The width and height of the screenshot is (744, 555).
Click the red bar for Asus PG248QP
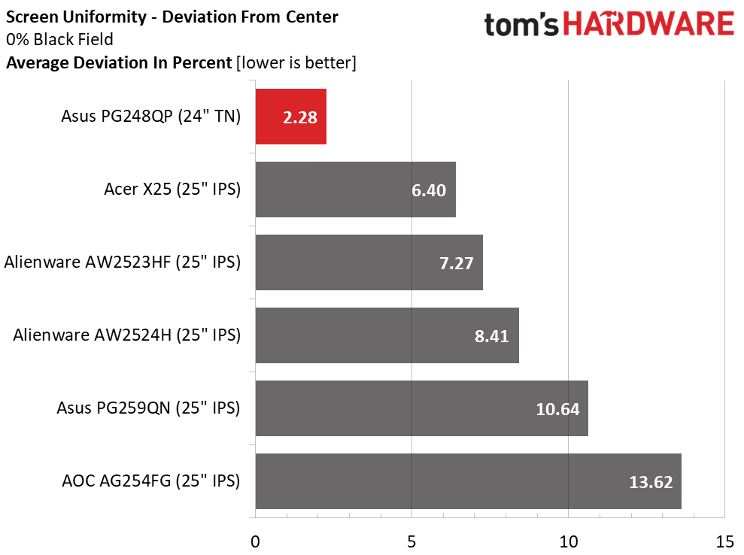click(290, 117)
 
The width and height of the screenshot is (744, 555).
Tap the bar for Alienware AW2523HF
click(369, 262)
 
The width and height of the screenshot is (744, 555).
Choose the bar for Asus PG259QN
click(421, 408)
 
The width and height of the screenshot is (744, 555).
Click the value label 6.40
click(428, 190)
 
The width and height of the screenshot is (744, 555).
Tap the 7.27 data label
click(455, 263)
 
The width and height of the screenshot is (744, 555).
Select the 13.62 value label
click(650, 482)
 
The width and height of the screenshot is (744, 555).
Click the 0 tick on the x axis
click(256, 541)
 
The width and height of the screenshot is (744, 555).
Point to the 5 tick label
click(412, 541)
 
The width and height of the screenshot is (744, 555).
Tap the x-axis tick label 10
click(568, 541)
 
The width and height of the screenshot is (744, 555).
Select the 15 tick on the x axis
click(724, 541)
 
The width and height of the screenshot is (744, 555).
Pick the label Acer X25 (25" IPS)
click(172, 190)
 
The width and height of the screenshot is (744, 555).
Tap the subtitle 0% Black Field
click(59, 40)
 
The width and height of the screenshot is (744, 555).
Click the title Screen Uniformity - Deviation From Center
click(172, 17)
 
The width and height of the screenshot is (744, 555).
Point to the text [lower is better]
click(296, 63)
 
